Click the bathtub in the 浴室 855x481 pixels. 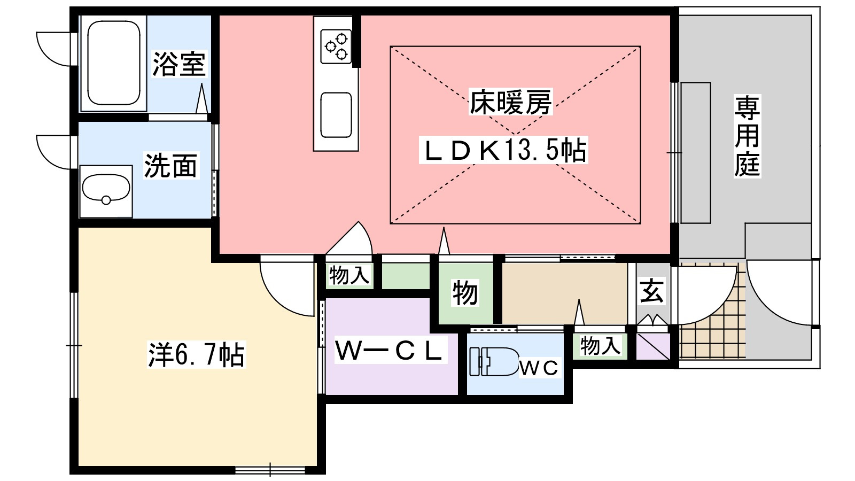[x=114, y=64]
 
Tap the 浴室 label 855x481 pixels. [x=180, y=64]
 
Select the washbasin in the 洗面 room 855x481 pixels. [x=106, y=191]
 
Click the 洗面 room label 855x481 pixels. [x=171, y=166]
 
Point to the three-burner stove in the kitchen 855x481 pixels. [x=336, y=46]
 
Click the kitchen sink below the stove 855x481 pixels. [x=336, y=114]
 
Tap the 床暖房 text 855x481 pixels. [x=510, y=102]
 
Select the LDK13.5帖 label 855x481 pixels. [x=504, y=150]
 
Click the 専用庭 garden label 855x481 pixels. [x=747, y=136]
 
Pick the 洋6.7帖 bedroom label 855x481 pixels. [x=196, y=355]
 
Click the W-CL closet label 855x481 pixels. [x=390, y=351]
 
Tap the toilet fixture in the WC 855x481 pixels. [x=493, y=361]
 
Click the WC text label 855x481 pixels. [x=539, y=368]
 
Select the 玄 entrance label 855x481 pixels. [x=652, y=291]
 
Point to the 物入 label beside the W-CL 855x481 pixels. [x=349, y=275]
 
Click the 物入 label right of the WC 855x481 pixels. [x=600, y=346]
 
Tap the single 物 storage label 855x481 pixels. [x=465, y=293]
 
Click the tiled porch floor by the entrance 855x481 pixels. [x=712, y=328]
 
